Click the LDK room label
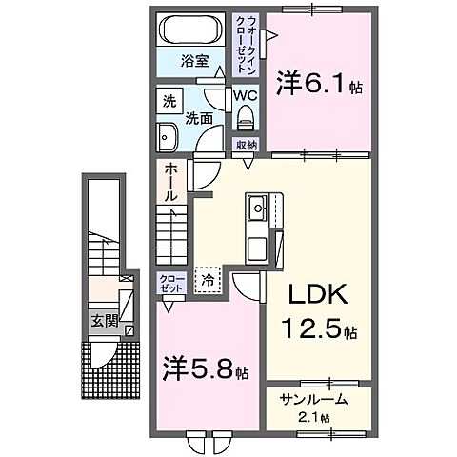309,293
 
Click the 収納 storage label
246,146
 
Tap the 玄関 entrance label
105,322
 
